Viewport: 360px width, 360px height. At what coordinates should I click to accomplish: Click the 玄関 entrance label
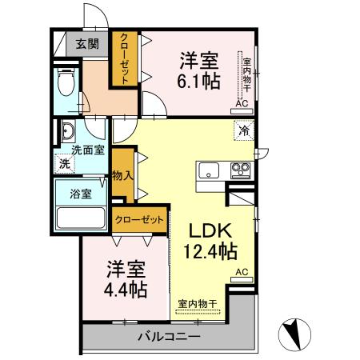point(88,44)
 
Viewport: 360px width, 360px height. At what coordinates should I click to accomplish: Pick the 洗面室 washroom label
point(87,149)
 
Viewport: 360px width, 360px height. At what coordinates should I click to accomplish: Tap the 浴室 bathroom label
point(79,192)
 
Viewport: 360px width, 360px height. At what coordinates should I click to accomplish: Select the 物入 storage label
point(123,174)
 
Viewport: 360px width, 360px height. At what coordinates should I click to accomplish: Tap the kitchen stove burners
point(239,170)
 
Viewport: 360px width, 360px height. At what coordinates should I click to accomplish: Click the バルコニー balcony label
point(167,338)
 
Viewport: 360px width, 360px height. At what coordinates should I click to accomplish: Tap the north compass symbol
point(293,331)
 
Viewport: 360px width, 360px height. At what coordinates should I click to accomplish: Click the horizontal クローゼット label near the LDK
point(140,218)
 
